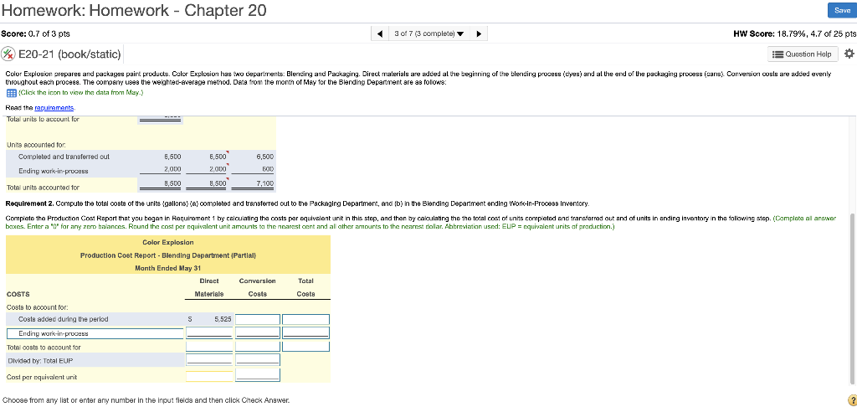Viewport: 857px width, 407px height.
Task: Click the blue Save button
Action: [842, 10]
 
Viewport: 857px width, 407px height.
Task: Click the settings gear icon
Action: [849, 54]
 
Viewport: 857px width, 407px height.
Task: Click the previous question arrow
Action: [381, 33]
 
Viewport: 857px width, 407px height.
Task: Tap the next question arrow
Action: [480, 33]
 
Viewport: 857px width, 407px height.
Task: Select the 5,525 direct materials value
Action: [223, 319]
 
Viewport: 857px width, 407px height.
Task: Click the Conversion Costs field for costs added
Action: [257, 319]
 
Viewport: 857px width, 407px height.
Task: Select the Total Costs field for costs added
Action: [305, 319]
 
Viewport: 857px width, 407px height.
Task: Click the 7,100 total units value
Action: [264, 183]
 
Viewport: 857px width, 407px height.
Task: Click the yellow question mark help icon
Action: [849, 399]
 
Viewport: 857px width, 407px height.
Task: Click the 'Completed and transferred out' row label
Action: [64, 156]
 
